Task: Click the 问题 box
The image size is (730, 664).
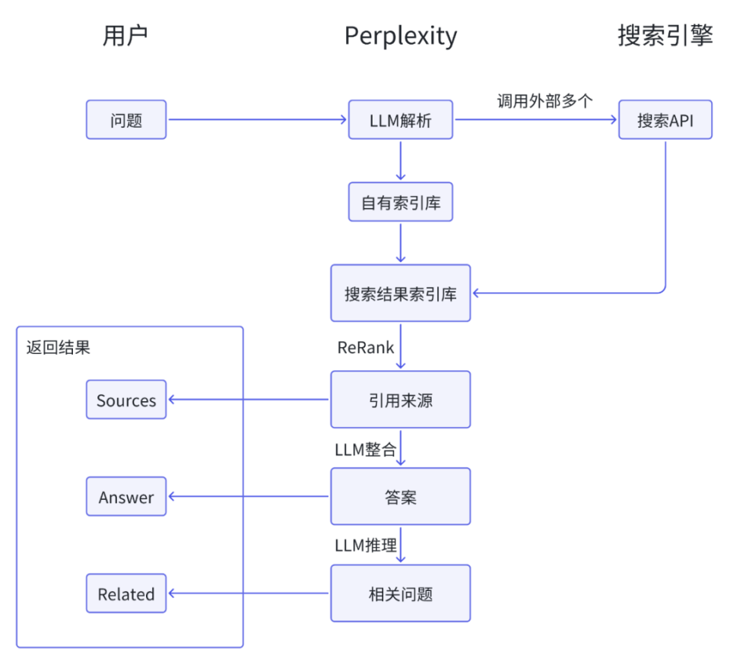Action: (126, 120)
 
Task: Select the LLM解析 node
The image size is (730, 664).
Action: (400, 120)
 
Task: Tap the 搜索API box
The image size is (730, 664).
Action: (665, 120)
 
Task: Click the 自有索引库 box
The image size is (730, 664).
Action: (400, 202)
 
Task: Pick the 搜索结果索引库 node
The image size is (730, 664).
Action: (400, 293)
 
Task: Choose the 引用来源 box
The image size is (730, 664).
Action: (400, 400)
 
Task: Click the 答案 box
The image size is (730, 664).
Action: (400, 497)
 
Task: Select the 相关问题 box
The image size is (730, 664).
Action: (400, 593)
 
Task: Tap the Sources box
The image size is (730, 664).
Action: (126, 400)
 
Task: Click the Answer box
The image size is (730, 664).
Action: (126, 497)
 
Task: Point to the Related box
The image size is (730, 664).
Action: (126, 593)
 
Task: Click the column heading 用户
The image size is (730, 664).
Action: (124, 36)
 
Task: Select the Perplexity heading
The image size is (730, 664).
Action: (401, 36)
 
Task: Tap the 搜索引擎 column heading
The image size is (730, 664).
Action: (665, 36)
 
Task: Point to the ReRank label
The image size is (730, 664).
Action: (366, 347)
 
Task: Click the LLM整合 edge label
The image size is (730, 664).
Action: (366, 449)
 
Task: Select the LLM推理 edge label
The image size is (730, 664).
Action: (366, 545)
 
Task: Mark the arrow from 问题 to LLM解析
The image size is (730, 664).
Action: (257, 120)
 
